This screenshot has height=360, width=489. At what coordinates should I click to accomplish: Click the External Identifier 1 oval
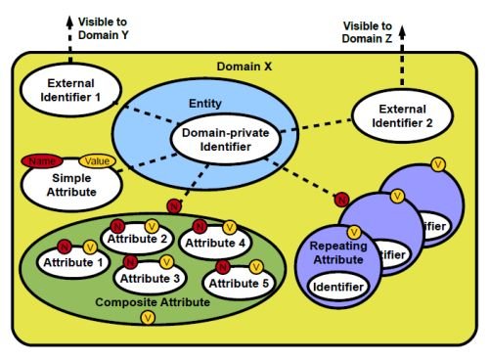[x=66, y=90]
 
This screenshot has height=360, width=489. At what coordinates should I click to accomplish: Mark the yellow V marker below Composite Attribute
[x=147, y=318]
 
